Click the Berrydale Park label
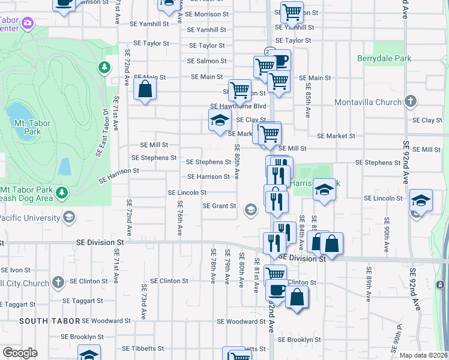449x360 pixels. coord(384,59)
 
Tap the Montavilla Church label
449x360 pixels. coord(368,101)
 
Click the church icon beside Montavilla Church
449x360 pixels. coord(411,101)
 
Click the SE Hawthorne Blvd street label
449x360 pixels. coord(238,106)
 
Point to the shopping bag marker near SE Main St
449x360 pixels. coord(145,90)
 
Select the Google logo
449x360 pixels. coord(20,353)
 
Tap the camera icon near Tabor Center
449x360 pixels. coord(27,23)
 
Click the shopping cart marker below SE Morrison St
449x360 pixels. coord(291,11)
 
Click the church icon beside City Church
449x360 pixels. coord(58,281)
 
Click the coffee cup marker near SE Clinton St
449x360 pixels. coord(277,289)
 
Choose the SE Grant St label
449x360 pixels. coord(219,206)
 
